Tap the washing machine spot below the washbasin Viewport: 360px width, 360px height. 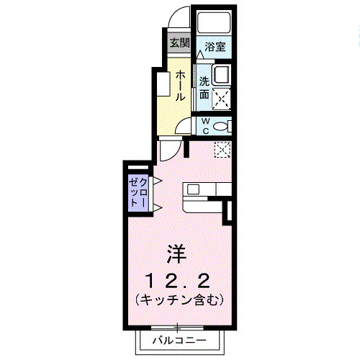tap(220, 95)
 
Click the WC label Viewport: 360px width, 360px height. tap(204, 125)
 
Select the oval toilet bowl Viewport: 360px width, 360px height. tap(222, 126)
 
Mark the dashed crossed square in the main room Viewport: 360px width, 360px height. tap(222, 149)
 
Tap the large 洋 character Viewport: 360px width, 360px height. tap(177, 253)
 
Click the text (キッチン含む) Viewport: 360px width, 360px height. tap(177, 297)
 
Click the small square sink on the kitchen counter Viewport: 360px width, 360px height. tap(192, 189)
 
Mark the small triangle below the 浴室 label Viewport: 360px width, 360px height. tap(201, 54)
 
